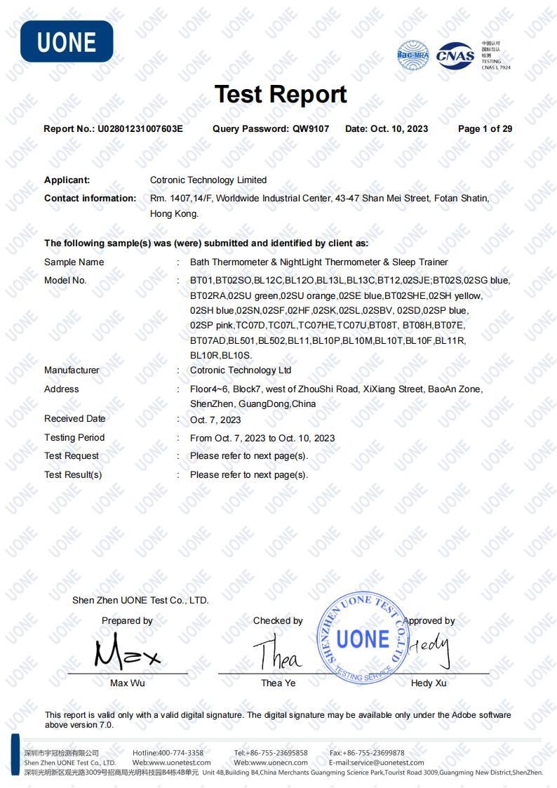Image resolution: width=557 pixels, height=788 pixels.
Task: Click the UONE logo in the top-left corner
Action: point(67,41)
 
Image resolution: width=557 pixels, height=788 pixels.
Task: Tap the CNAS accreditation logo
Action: point(455,55)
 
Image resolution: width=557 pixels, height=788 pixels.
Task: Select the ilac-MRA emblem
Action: point(412,55)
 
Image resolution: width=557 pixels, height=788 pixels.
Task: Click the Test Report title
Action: point(281,94)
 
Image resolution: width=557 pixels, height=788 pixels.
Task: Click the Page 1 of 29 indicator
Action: point(485,129)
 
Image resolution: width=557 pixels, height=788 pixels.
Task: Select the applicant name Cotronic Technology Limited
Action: point(208,180)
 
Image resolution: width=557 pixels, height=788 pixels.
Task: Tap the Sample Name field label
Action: point(74,262)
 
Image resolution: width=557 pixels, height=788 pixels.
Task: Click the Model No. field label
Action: point(65,281)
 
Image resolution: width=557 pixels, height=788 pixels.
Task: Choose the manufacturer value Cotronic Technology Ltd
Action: point(241,370)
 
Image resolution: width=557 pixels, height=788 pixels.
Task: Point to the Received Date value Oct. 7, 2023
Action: point(215,420)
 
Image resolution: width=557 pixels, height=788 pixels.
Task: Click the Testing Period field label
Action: point(74,438)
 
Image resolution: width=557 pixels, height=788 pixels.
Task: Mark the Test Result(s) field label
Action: point(73,475)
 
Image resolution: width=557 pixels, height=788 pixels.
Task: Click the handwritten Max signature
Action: point(127,653)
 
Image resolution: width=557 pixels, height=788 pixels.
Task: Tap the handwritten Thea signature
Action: point(278,655)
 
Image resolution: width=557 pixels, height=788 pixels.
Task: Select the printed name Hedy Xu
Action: point(429,683)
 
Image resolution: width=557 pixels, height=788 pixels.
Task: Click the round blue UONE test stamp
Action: point(362,638)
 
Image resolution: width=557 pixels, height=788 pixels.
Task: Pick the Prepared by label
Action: point(127,621)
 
